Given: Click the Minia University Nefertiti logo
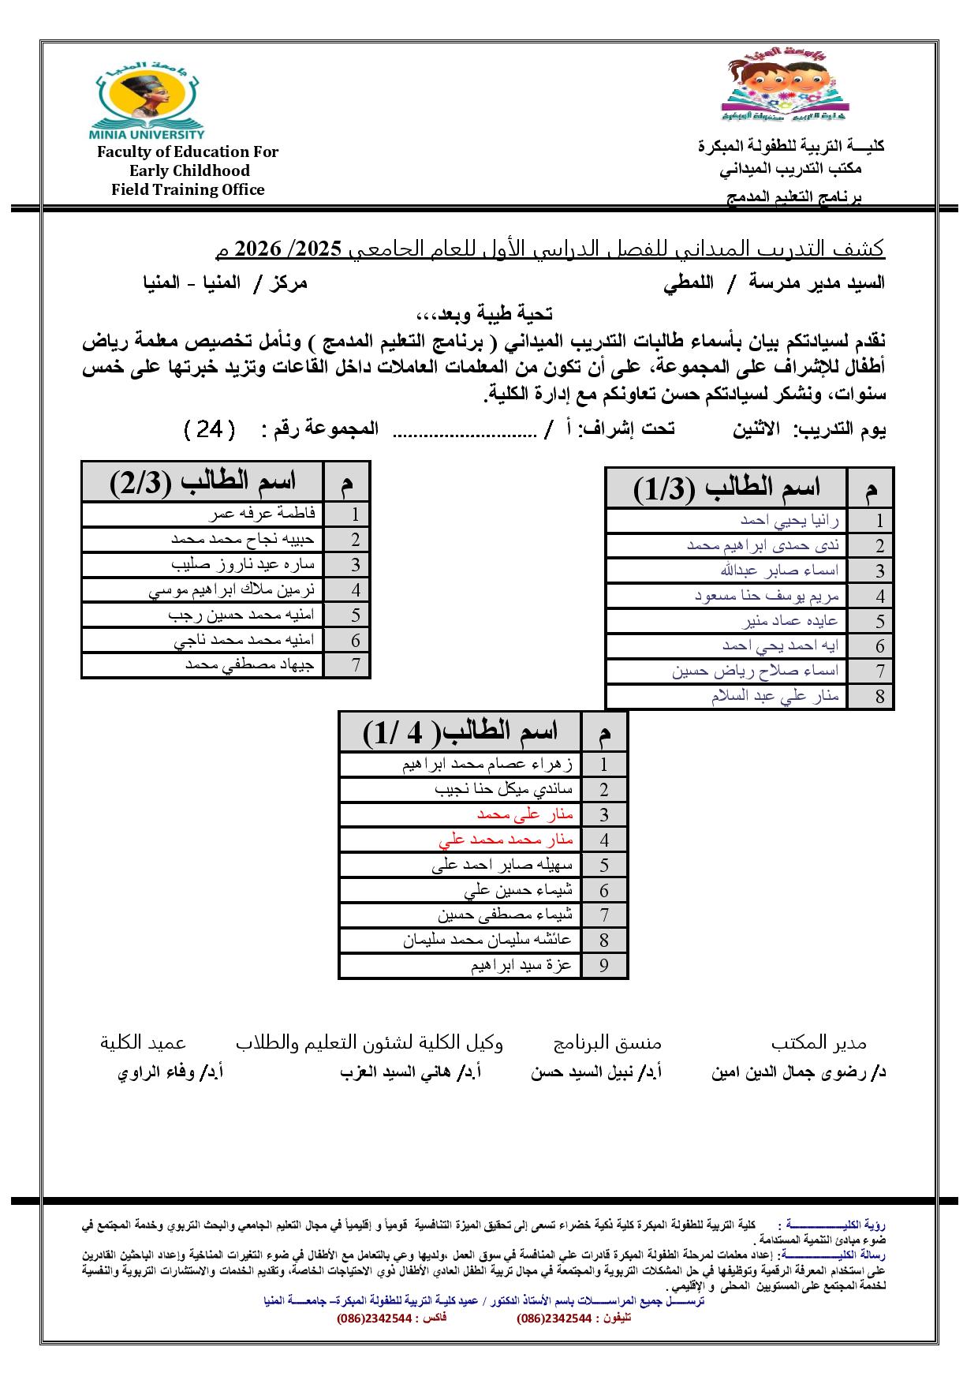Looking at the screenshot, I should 151,98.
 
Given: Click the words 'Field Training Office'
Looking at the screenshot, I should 188,189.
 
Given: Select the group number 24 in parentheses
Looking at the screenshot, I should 209,429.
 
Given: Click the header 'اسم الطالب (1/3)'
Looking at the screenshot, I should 726,488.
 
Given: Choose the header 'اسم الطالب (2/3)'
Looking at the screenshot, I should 203,482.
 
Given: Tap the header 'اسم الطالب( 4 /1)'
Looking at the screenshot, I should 461,731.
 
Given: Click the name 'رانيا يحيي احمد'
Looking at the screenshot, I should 789,520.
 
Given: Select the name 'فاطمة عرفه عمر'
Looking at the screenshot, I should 263,514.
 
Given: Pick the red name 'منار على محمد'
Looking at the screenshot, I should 525,814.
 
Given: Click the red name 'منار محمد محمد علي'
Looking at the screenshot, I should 506,840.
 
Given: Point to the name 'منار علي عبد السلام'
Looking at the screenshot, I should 775,696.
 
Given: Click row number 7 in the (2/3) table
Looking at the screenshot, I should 356,665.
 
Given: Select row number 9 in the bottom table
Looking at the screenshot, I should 604,966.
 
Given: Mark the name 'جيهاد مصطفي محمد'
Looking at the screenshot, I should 250,665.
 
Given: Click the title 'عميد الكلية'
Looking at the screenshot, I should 143,1042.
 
